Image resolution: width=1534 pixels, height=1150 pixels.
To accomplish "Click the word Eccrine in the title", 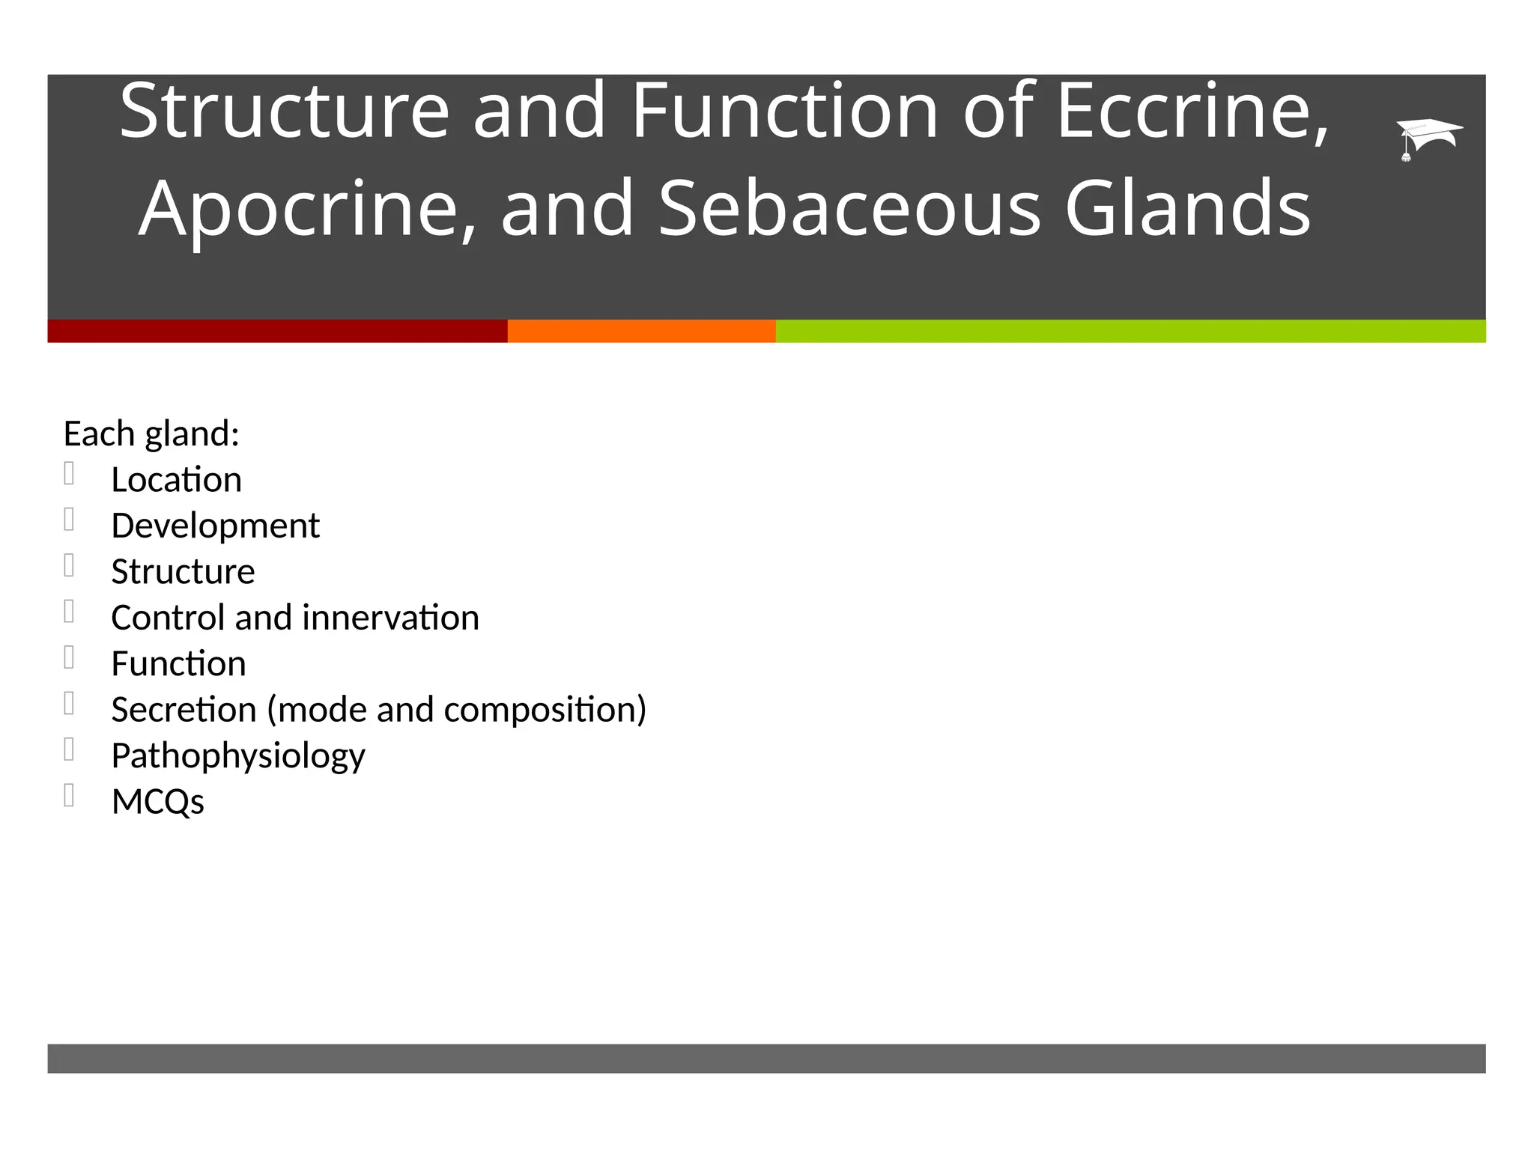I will (1192, 112).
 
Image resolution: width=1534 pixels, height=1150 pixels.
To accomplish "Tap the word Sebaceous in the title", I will (849, 209).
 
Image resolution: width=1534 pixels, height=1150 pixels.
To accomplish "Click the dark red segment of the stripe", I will (277, 331).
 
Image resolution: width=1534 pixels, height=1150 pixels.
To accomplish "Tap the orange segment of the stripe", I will (641, 331).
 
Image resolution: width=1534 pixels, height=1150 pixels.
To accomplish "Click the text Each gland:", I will (151, 434).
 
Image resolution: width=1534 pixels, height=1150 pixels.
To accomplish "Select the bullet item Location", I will (176, 480).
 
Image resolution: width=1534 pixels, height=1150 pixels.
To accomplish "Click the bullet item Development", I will (215, 526).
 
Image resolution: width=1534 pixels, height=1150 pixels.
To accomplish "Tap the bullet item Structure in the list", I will (183, 572).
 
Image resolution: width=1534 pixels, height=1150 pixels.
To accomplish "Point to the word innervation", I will (390, 618).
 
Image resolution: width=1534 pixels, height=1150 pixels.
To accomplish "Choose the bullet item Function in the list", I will (178, 664).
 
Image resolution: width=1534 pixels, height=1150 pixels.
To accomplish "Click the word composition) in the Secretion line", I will (545, 710).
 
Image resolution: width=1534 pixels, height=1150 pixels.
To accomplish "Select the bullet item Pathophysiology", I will (237, 756).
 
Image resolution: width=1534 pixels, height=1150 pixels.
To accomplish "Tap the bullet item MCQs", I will (157, 802).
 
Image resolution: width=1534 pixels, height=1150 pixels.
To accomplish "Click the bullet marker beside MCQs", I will (69, 795).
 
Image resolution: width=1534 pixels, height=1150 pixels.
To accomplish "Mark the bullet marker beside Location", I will (69, 473).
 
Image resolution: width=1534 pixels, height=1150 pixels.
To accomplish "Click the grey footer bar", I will (766, 1058).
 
